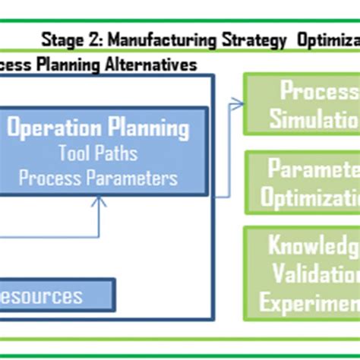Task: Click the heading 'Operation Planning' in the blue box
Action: tap(99, 127)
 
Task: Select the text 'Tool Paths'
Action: tap(98, 153)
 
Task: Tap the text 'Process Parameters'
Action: tap(98, 178)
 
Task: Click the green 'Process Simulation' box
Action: tap(302, 104)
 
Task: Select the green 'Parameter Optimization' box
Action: tap(302, 182)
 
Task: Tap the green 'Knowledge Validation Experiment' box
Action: tap(302, 273)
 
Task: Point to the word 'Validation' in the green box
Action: tap(311, 273)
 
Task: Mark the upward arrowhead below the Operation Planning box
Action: tap(98, 202)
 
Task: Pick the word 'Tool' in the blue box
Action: tap(74, 153)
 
